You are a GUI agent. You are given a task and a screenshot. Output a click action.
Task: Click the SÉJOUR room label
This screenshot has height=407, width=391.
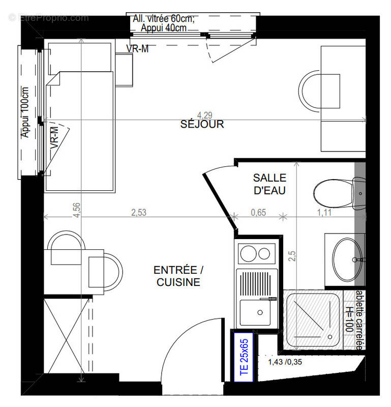click(202, 124)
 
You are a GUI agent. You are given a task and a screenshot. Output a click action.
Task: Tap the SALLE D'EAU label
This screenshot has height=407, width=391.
click(269, 184)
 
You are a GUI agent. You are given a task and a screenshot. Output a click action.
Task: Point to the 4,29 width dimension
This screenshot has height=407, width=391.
click(204, 115)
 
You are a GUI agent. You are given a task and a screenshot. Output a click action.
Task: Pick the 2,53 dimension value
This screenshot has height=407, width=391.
click(138, 213)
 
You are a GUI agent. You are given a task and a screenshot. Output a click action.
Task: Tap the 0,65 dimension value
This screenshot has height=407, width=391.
click(258, 213)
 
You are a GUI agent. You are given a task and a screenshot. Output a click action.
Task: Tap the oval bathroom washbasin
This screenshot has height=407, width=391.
click(348, 258)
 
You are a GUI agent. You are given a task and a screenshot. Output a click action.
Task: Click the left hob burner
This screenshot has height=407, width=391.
click(247, 253)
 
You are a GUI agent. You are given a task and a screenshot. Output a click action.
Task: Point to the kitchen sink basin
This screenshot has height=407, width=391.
click(256, 311)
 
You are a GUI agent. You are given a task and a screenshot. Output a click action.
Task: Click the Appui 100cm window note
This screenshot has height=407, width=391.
click(25, 117)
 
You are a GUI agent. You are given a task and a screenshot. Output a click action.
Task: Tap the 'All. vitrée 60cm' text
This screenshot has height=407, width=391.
click(164, 19)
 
